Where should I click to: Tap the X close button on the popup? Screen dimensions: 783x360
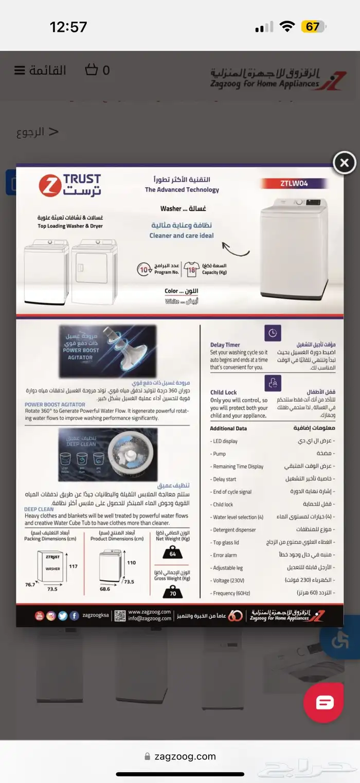[344, 163]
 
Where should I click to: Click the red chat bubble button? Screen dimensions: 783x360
[323, 703]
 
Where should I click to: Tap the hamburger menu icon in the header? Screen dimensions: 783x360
[20, 70]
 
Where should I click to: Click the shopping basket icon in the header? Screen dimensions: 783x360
[91, 70]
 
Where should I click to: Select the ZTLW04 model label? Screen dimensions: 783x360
[295, 183]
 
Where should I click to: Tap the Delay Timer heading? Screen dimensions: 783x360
[225, 345]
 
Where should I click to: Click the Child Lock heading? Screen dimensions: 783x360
[223, 393]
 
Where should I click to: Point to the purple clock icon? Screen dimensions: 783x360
[273, 333]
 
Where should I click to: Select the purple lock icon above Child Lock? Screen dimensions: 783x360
[273, 382]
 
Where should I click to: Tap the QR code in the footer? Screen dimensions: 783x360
[120, 615]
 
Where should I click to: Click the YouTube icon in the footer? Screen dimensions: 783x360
[40, 616]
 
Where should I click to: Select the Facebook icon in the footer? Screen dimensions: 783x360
[75, 616]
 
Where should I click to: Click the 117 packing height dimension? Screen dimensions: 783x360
[73, 566]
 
